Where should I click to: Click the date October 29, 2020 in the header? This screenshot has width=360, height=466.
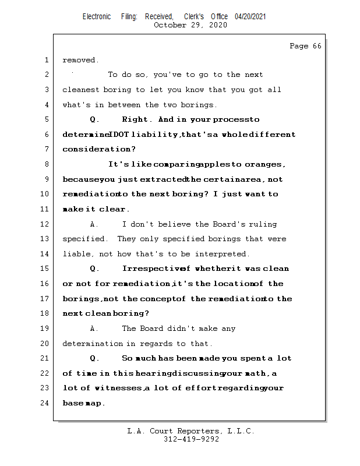190,25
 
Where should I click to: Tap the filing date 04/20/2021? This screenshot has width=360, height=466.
250,16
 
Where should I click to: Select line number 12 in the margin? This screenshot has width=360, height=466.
47,224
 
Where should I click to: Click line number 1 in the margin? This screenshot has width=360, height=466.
47,60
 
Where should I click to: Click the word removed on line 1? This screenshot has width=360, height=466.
80,60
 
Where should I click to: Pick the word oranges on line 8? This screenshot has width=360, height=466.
266,164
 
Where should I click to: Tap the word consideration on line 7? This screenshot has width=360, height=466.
96,150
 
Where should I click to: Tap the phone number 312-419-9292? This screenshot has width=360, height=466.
190,439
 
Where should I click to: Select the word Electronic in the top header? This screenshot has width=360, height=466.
97,16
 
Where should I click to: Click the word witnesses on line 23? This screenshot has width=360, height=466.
121,388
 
